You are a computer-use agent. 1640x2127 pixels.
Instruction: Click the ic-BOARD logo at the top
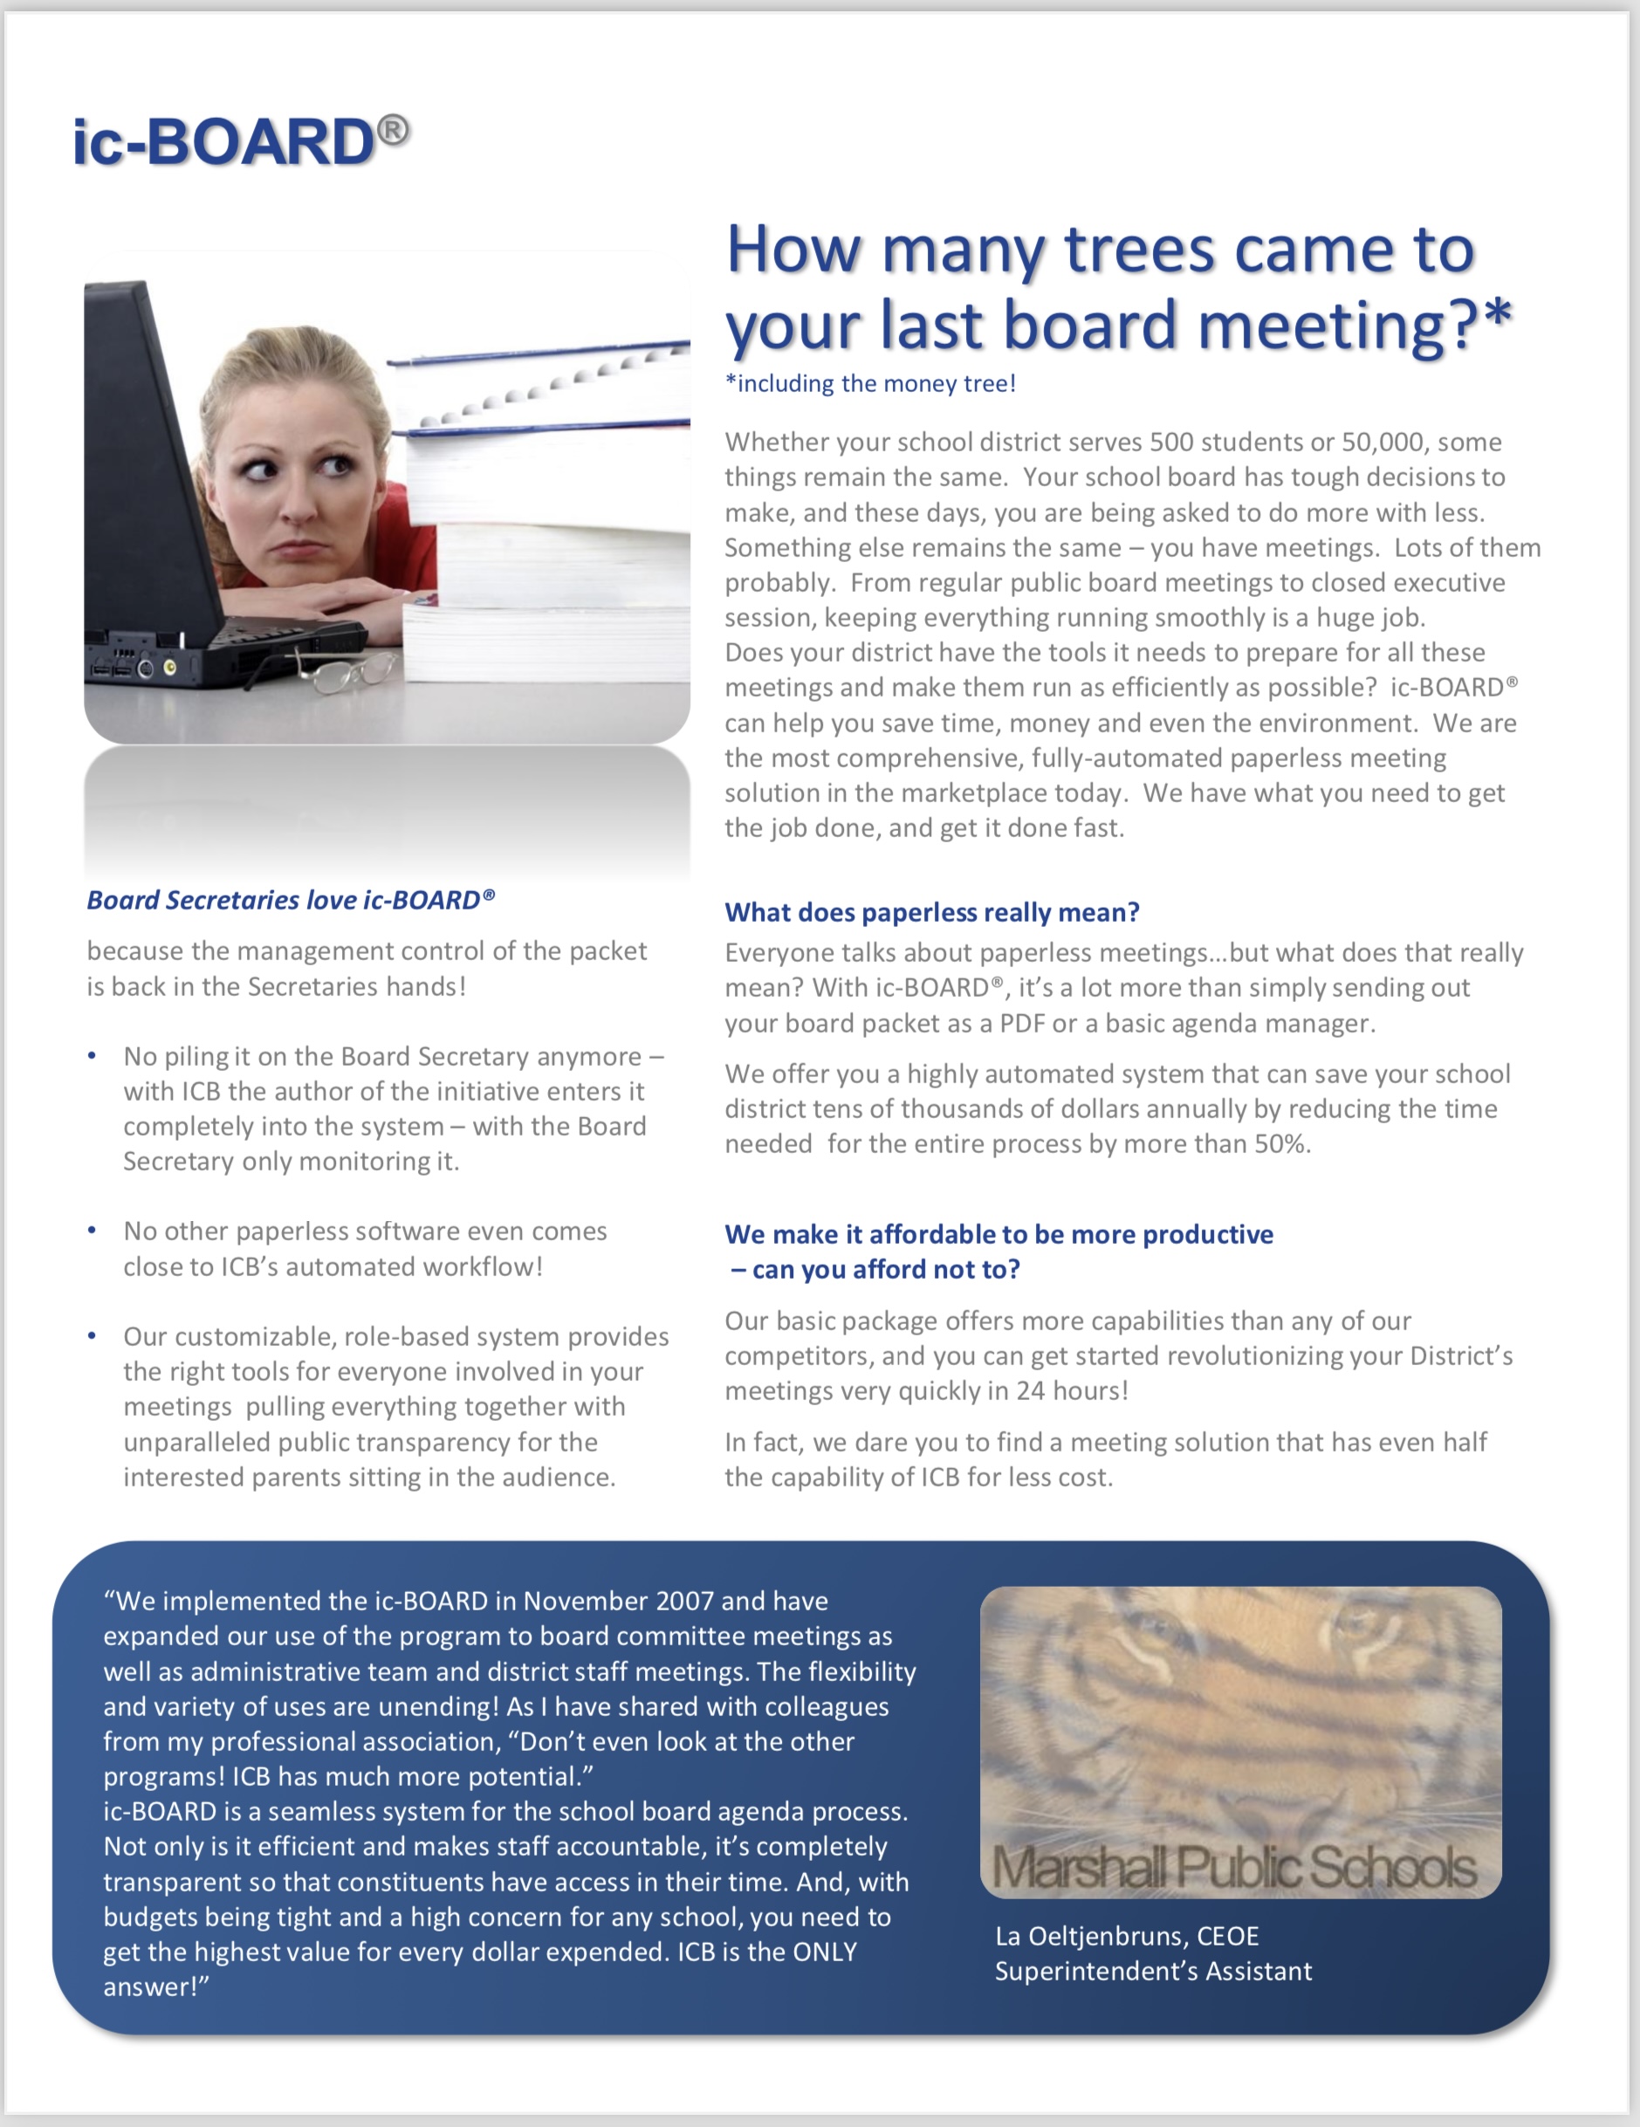point(239,142)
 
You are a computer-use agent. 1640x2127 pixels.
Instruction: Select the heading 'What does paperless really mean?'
point(932,913)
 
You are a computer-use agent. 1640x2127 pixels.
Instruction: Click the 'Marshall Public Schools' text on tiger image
point(1234,1868)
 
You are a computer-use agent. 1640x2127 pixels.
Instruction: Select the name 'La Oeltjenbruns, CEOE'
point(1127,1936)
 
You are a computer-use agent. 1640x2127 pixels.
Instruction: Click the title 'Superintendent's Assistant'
point(1153,1971)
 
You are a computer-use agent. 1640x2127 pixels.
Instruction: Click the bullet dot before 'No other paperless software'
point(92,1231)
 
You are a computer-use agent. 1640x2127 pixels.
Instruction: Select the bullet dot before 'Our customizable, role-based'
point(92,1336)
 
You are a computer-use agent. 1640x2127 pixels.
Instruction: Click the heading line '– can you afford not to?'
point(875,1270)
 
